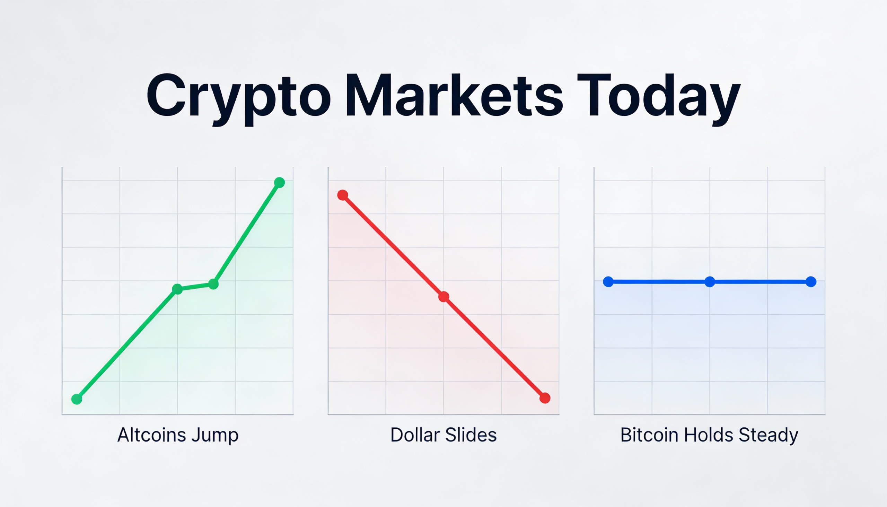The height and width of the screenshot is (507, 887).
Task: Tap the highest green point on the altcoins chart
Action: coord(279,183)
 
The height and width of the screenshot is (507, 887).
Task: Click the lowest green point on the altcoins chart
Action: coord(77,399)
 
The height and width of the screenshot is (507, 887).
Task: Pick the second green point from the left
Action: coord(177,289)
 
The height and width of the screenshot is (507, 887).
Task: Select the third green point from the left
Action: coord(213,284)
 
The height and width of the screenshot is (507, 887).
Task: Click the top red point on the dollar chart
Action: coord(343,195)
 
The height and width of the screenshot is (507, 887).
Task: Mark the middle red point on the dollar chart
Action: coord(443,297)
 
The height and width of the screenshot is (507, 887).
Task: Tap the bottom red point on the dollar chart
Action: coord(545,398)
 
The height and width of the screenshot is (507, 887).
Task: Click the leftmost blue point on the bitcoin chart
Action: coord(608,282)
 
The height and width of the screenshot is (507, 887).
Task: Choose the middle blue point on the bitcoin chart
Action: coord(710,282)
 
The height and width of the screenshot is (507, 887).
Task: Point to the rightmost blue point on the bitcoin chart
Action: coord(811,282)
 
